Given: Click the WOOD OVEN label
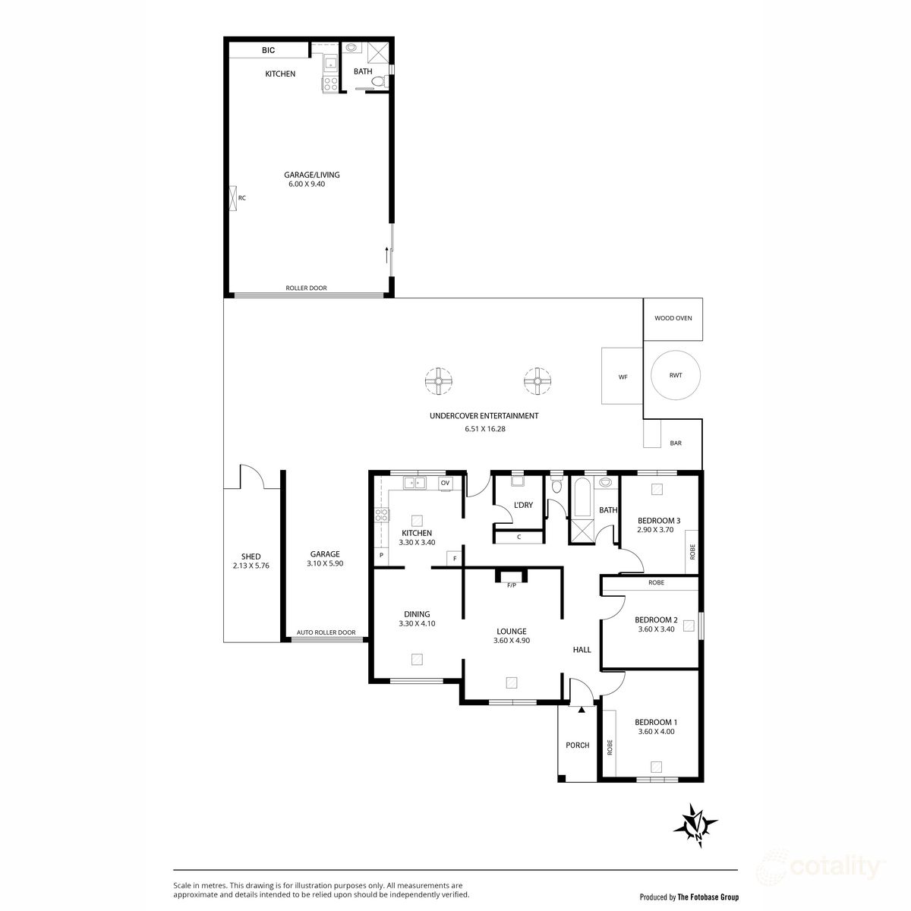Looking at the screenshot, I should (x=673, y=319).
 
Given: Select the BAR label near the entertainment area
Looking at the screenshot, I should (x=676, y=443).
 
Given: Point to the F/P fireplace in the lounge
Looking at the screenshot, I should (x=511, y=585).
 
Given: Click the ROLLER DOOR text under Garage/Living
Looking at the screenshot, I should (x=306, y=288).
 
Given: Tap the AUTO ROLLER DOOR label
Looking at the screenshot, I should (x=326, y=632).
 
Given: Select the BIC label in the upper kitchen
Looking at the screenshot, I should (x=269, y=50).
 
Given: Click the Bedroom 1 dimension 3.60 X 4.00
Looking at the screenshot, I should (x=655, y=732).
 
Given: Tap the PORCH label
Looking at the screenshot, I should (x=578, y=746).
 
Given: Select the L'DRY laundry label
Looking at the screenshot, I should (x=523, y=505).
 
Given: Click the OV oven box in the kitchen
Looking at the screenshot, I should (x=445, y=483).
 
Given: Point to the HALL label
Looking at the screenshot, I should (x=582, y=650).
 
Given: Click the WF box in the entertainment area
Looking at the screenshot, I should (x=623, y=376).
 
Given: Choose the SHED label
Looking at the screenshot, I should (x=251, y=556).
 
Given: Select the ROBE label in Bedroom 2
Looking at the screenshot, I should (x=657, y=583).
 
